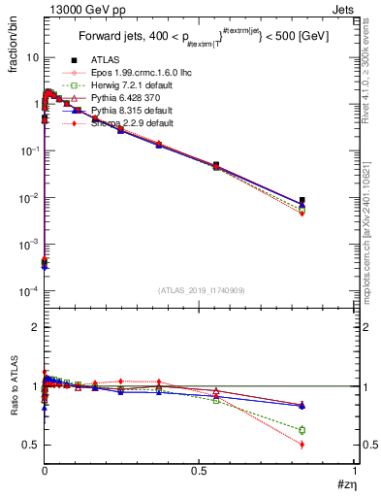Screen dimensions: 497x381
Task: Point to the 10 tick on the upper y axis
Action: (x=33, y=57)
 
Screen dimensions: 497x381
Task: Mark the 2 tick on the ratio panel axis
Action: (x=35, y=327)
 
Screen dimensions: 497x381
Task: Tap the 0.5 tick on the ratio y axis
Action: (x=31, y=445)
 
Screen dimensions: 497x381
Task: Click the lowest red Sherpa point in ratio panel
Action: (x=302, y=445)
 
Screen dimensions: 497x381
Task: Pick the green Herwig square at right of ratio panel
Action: (x=302, y=430)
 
